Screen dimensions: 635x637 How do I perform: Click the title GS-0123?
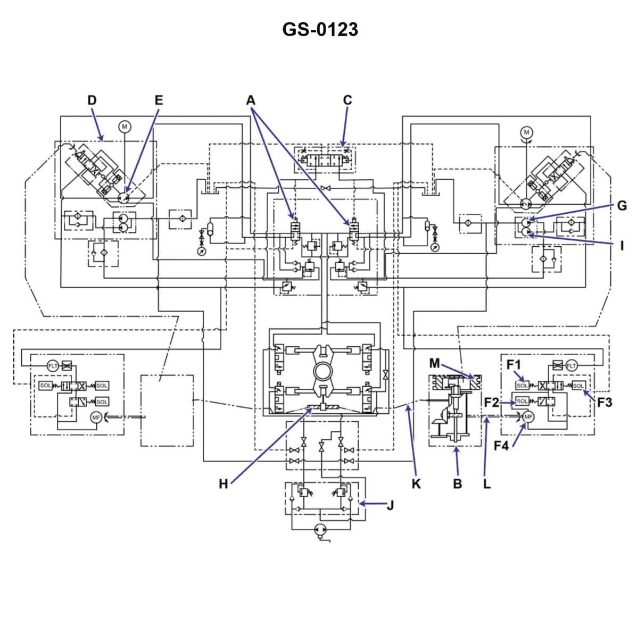pos(320,29)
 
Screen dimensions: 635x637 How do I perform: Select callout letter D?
pos(92,100)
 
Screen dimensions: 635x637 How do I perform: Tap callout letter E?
pos(159,100)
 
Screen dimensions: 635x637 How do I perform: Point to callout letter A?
pos(251,100)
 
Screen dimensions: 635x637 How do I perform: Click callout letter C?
pos(347,100)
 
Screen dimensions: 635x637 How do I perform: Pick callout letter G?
pos(622,206)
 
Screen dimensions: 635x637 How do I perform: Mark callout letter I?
pos(622,245)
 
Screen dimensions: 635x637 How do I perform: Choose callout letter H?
pos(224,483)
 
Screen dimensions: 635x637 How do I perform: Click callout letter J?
pos(390,505)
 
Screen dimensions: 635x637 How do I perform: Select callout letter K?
pos(416,483)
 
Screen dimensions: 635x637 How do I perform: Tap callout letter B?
pos(457,484)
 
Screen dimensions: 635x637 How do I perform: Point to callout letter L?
pos(486,484)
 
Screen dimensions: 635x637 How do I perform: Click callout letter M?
pos(435,363)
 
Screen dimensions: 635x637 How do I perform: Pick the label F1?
pos(514,365)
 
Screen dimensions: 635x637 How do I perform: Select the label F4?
pos(501,446)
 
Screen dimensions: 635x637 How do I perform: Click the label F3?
pos(605,403)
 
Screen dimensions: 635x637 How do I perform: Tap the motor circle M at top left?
pos(125,127)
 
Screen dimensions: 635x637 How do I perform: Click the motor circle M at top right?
pos(526,132)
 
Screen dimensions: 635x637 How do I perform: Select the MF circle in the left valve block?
pos(96,417)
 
